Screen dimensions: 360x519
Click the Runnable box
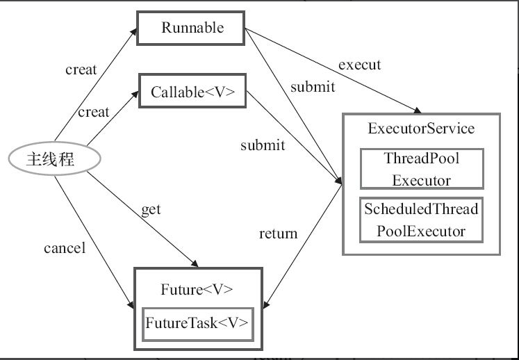pyautogui.click(x=192, y=28)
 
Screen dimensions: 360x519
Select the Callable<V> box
pyautogui.click(x=192, y=92)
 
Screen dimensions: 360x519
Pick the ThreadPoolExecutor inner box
pyautogui.click(x=422, y=169)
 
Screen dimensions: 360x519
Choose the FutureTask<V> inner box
pyautogui.click(x=197, y=324)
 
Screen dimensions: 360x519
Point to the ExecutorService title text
pyautogui.click(x=421, y=129)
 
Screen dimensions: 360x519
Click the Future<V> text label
pyautogui.click(x=197, y=290)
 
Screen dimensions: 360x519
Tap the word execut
pyautogui.click(x=359, y=65)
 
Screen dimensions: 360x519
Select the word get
pyautogui.click(x=151, y=209)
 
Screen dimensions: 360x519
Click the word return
pyautogui.click(x=278, y=234)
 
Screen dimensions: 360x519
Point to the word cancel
pyautogui.click(x=64, y=247)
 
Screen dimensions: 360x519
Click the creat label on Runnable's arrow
pyautogui.click(x=81, y=69)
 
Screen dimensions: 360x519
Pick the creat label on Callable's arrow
pyautogui.click(x=93, y=112)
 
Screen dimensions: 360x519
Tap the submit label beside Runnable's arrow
pyautogui.click(x=313, y=87)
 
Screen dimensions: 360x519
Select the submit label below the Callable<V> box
pyautogui.click(x=263, y=145)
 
